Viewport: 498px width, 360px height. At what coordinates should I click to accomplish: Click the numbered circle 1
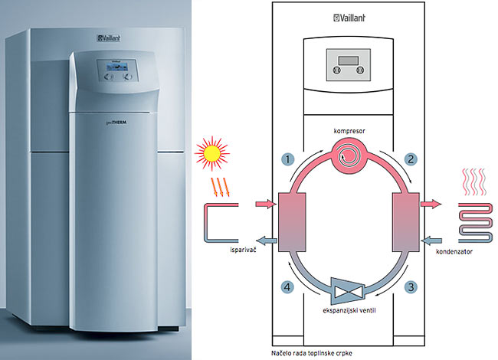[x=287, y=159]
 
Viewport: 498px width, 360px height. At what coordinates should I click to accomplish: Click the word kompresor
[x=349, y=132]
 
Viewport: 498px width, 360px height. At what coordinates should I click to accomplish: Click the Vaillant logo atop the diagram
[x=349, y=18]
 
